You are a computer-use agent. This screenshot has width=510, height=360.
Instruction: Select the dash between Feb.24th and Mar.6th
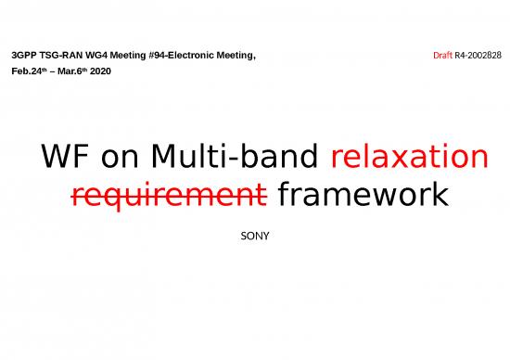point(54,71)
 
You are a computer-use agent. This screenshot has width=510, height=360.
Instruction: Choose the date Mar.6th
point(73,71)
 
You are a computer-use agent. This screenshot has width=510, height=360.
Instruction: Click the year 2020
point(101,71)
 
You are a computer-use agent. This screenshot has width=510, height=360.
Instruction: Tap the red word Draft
point(442,57)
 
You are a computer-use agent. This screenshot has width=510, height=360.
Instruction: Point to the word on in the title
point(119,158)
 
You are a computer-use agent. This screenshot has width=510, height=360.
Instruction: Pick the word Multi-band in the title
point(234,158)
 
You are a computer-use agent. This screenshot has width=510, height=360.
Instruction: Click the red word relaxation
point(409,158)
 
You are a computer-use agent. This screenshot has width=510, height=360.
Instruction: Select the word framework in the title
point(363,196)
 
